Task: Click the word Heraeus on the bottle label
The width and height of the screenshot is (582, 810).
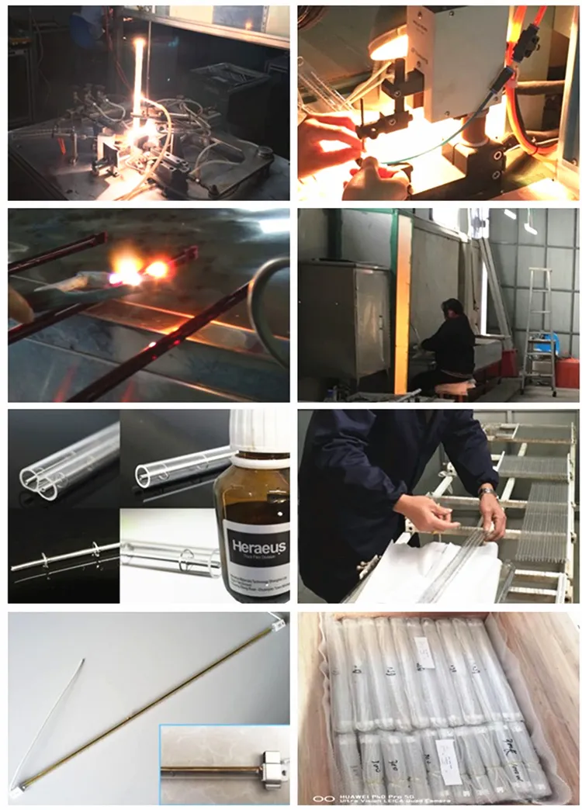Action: [x=254, y=548]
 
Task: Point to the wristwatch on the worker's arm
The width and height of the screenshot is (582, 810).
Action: [x=487, y=493]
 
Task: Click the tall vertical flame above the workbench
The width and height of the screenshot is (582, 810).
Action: [x=139, y=78]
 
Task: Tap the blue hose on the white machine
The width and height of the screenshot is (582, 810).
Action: [x=466, y=124]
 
